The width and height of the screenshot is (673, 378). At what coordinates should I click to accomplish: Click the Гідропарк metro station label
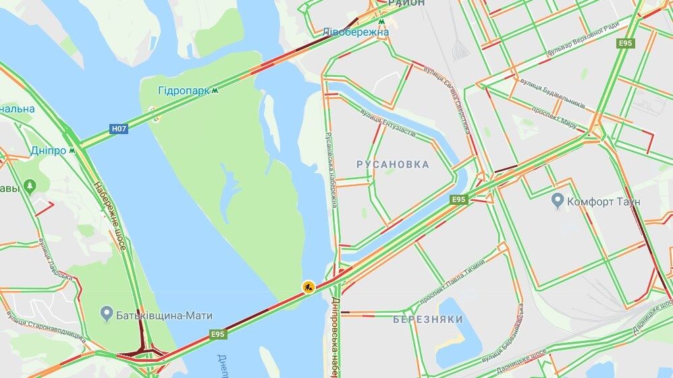coord(183,90)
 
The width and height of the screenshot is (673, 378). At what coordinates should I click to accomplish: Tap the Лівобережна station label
coord(355,32)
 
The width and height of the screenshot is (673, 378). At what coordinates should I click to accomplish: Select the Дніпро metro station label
coord(48,150)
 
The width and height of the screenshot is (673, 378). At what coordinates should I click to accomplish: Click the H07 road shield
coord(119,127)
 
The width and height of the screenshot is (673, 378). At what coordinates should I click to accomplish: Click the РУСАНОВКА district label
coord(392,164)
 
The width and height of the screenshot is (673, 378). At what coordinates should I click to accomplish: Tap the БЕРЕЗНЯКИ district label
coord(428,319)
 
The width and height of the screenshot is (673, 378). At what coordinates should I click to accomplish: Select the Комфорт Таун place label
coord(604,201)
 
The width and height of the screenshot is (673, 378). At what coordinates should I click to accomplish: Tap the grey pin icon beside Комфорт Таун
coord(558,200)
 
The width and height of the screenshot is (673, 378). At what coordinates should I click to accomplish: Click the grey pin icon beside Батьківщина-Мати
coord(106,313)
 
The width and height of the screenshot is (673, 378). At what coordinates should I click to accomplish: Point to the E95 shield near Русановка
coord(459,199)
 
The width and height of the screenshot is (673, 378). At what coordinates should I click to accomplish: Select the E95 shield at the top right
coord(626,43)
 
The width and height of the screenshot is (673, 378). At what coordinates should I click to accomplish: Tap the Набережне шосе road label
coord(109,216)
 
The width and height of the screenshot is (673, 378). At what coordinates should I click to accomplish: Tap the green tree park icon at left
coord(29,185)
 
